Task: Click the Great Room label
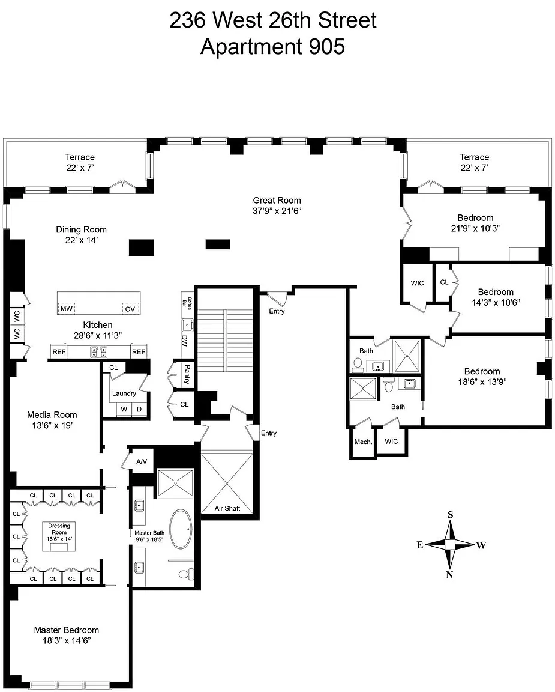(277, 201)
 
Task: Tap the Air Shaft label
(227, 508)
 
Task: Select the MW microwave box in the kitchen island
(67, 309)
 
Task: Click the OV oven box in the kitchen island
(130, 309)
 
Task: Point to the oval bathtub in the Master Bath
(181, 529)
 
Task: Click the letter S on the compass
(450, 515)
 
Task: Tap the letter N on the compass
(449, 575)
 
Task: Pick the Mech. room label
(363, 442)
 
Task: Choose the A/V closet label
(142, 461)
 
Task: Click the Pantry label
(187, 374)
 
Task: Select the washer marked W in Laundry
(124, 409)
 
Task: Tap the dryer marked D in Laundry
(139, 409)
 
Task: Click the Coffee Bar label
(187, 302)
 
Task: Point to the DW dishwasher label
(185, 341)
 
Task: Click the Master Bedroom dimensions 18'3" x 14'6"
(67, 641)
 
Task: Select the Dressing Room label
(59, 529)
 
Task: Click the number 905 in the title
(326, 47)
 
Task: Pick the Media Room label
(52, 415)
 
